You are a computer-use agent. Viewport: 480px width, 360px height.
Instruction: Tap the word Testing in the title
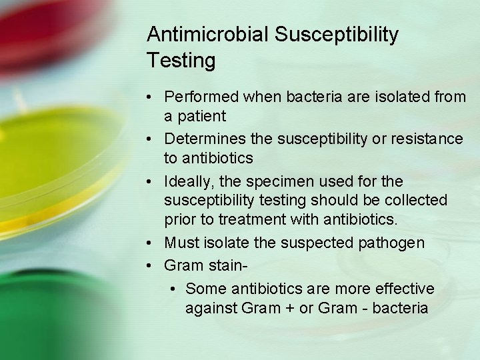[181, 61]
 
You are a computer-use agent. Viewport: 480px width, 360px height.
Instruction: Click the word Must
[179, 243]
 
